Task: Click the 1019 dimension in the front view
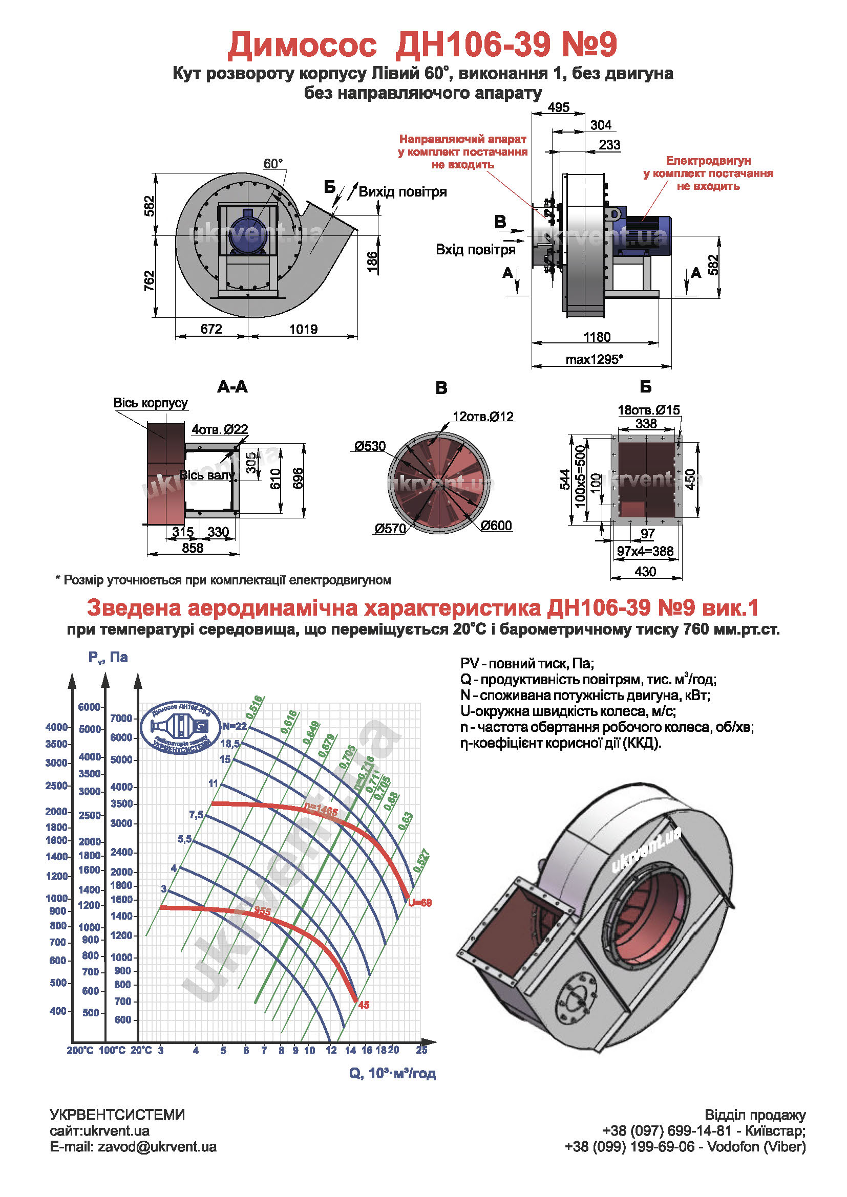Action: pos(304,330)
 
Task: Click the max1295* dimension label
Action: pos(595,359)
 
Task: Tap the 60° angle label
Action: pos(273,164)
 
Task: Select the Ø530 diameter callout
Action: pos(370,446)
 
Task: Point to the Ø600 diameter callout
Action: pos(496,526)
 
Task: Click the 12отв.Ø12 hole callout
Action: pos(483,417)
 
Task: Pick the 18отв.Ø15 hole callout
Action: pos(649,410)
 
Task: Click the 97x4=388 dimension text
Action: pos(645,551)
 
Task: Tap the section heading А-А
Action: pos(232,387)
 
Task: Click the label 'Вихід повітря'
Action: pos(402,192)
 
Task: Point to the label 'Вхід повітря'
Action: pos(475,250)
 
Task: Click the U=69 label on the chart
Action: pos(420,903)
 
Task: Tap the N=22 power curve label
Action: pos(234,726)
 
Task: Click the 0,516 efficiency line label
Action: pos(255,707)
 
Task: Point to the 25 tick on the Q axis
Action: pos(421,1050)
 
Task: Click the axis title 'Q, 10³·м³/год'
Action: pos(392,1074)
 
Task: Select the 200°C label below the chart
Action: pos(80,1051)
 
